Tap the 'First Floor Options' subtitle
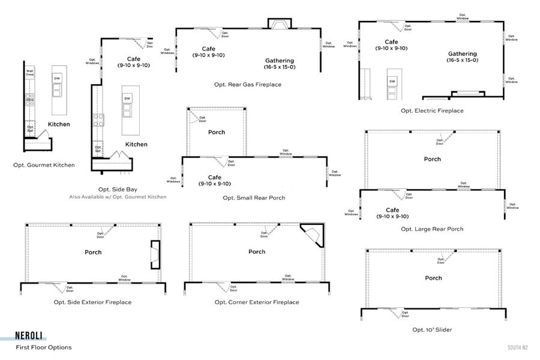point(44,347)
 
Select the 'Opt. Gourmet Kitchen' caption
point(44,164)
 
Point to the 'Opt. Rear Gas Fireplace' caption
point(248,85)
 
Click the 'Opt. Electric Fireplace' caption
point(432,110)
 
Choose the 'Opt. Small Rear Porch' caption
point(254,197)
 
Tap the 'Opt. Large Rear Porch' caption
point(432,229)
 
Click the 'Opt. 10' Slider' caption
point(432,329)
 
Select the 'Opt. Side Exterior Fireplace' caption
point(92,302)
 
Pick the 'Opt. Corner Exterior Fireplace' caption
point(256,302)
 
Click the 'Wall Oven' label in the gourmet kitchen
point(29,73)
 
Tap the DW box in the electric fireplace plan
point(392,81)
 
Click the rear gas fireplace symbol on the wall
point(279,25)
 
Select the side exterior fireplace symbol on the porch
point(155,254)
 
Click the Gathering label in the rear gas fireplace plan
point(280,61)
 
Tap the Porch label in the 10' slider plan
point(433,278)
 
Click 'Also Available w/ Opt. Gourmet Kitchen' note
point(117,197)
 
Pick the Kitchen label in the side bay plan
point(136,144)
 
